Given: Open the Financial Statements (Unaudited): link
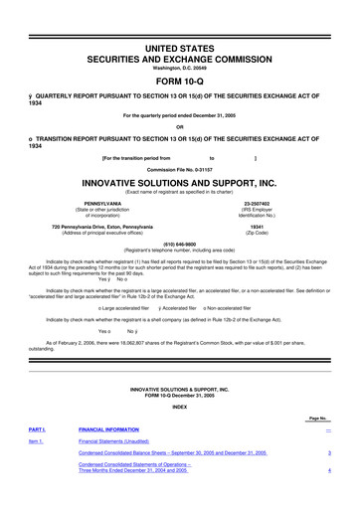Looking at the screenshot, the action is (119, 440).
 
